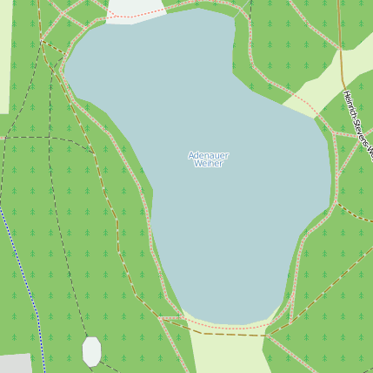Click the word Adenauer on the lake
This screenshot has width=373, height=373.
pyautogui.click(x=208, y=155)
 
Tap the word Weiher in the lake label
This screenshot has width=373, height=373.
pyautogui.click(x=208, y=164)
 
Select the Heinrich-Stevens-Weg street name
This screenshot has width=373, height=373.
pyautogui.click(x=357, y=124)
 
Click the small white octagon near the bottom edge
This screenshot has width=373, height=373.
pyautogui.click(x=91, y=351)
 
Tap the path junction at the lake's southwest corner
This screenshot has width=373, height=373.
pyautogui.click(x=161, y=317)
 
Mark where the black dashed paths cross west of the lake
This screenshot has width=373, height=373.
pyautogui.click(x=50, y=137)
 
